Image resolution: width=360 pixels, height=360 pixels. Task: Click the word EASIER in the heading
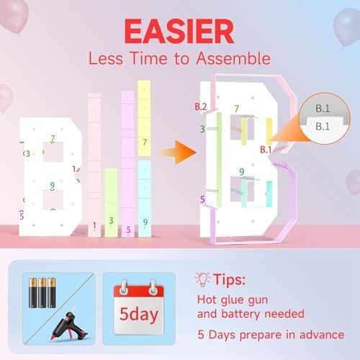point(179,31)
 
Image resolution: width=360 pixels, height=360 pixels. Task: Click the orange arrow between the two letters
point(178,152)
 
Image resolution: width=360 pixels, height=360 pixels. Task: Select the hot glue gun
point(70,325)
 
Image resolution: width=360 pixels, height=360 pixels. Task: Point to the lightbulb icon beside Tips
point(203,279)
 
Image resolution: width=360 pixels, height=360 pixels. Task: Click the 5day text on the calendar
point(139,314)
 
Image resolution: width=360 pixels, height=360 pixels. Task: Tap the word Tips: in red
point(230,279)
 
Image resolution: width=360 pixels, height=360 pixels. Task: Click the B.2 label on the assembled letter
point(201,107)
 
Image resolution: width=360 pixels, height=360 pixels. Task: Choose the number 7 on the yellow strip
point(145,143)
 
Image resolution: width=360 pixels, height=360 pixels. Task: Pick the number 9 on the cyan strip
point(145,222)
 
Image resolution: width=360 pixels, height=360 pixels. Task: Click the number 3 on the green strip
point(111,220)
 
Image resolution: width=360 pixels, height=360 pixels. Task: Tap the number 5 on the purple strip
point(128,230)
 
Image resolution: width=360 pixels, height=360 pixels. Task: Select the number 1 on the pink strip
point(94,225)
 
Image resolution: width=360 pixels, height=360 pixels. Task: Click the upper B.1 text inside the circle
point(323,109)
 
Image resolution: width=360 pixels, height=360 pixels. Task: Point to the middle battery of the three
point(42,292)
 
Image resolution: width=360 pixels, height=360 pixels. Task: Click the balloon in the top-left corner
point(14,14)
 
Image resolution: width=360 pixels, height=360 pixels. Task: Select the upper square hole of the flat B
point(53,152)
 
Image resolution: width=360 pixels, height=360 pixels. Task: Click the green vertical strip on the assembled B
point(219,160)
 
